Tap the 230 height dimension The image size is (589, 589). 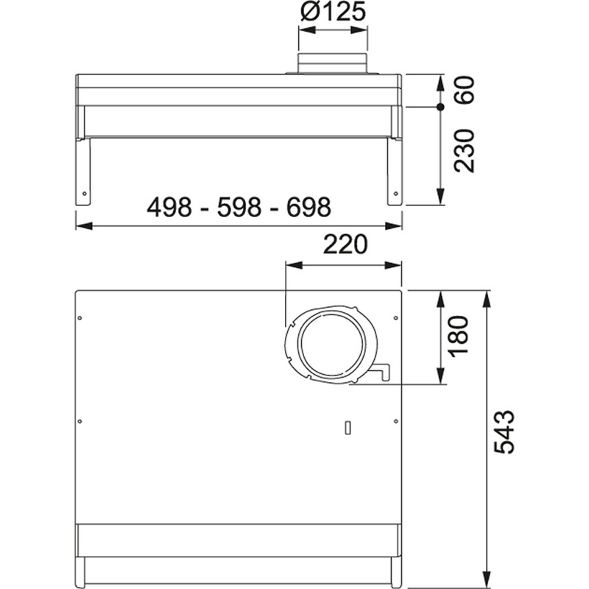463,151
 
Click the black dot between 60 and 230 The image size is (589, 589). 440,107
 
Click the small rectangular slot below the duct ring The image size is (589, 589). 348,427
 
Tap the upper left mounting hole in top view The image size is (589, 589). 80,318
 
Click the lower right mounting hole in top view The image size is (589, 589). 396,421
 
